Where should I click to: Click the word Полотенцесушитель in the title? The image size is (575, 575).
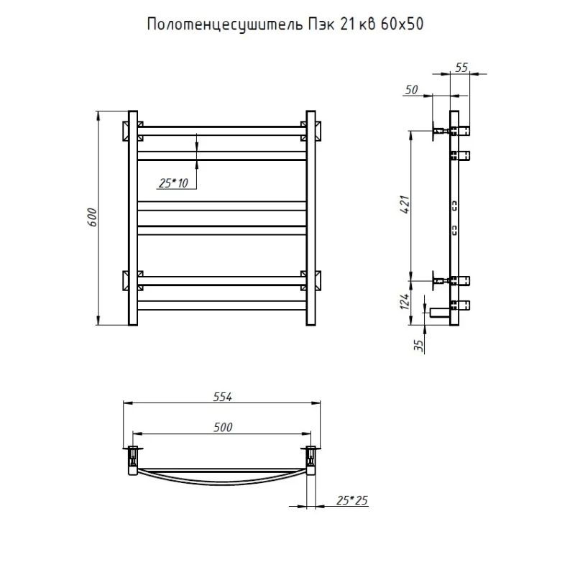tap(225, 24)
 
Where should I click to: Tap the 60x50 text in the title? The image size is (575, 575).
tap(402, 24)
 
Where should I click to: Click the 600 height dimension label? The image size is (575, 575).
tap(93, 217)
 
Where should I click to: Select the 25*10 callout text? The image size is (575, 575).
tap(173, 183)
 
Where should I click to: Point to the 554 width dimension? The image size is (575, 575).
tap(223, 397)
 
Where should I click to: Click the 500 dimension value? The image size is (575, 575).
tap(223, 427)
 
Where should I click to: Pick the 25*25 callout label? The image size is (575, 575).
tap(351, 500)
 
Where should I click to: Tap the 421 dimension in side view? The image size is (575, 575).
tap(405, 205)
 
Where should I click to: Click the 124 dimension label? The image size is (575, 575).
tap(404, 302)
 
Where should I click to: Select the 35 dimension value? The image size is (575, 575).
tap(418, 346)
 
